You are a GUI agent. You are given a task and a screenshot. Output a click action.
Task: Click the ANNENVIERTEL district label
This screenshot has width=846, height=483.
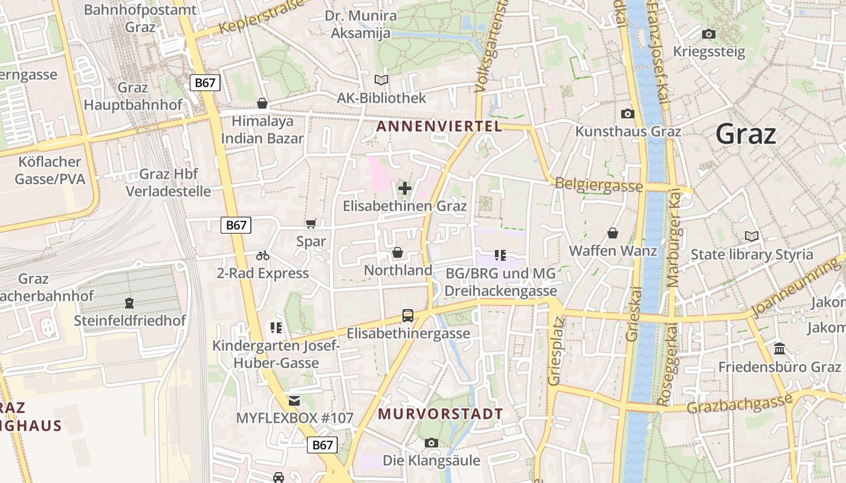coord(439,127)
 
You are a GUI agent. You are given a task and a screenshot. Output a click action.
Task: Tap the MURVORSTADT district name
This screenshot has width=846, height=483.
coord(441,414)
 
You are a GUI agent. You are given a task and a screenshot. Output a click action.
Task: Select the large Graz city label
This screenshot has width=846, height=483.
coord(746,134)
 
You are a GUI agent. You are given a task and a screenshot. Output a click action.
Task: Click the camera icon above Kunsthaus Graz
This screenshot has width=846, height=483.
coord(628,114)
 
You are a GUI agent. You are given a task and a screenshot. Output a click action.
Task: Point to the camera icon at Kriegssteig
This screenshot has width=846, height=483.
coord(709,34)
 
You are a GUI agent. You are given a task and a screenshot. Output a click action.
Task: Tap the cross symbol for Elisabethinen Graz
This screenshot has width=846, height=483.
coord(405,188)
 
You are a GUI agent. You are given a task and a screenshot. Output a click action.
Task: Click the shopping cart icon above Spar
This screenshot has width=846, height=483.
coord(311,224)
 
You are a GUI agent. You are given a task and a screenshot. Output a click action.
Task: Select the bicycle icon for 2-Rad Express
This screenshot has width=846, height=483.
coord(263,255)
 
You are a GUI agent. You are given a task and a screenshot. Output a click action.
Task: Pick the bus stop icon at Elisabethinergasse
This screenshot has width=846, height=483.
coord(408,315)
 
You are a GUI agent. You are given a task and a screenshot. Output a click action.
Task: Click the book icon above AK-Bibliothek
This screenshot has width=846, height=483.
coord(381,80)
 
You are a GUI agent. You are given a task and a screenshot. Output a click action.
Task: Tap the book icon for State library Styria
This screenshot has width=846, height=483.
coord(752,236)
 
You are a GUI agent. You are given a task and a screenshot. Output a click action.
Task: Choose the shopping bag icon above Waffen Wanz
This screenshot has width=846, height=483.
coord(613,233)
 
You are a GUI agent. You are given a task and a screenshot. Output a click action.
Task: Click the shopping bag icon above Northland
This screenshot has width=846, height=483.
coord(398,252)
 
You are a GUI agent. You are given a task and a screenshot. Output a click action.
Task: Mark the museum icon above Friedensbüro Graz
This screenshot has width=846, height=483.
coord(780,349)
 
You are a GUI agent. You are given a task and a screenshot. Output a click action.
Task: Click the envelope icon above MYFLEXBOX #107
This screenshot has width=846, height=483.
coord(294,400)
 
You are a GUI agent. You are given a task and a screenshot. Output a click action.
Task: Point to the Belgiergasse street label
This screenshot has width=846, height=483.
coord(598,185)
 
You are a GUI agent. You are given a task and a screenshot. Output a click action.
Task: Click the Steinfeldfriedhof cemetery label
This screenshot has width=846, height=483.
coord(130,321)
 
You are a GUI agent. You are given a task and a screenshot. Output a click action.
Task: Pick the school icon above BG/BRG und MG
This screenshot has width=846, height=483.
coord(500,255)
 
